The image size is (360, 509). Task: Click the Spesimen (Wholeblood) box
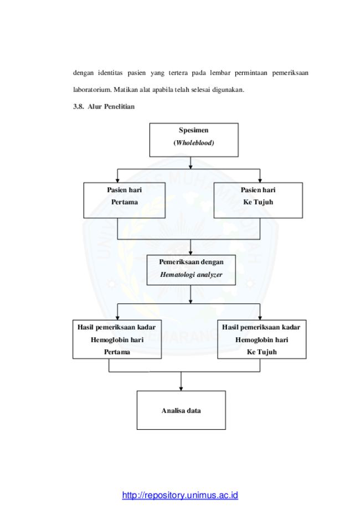coord(194,140)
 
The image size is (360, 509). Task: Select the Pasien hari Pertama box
coord(124,200)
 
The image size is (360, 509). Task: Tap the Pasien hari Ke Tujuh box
coord(258,200)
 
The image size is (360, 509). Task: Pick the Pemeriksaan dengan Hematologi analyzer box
coord(191,270)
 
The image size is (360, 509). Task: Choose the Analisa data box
coord(181,410)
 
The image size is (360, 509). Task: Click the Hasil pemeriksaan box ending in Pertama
coord(117,339)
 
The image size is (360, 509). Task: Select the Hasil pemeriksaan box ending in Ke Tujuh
coord(261,339)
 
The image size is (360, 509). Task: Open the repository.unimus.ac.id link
coord(180,495)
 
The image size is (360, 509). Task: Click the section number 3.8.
coord(78,106)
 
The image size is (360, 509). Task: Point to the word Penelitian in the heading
coord(119,106)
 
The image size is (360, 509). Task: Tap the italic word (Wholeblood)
coord(194,143)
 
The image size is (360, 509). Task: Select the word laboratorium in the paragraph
coord(92,90)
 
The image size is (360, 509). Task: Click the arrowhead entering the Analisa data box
coord(181,389)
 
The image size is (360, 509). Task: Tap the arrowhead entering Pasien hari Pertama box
coord(117,180)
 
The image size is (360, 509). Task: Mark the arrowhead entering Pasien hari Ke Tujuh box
coord(260,180)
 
